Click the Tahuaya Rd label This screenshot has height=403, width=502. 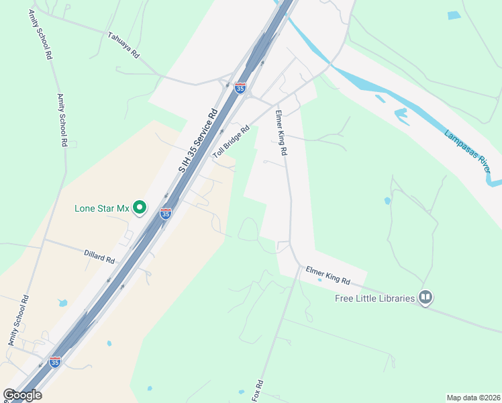click(x=123, y=44)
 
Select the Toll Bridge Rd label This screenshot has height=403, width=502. click(x=232, y=141)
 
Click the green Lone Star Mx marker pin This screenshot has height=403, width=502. click(x=140, y=208)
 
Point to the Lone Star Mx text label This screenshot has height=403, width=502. click(x=101, y=208)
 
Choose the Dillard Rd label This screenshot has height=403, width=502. click(x=99, y=256)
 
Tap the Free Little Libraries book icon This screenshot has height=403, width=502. click(x=425, y=298)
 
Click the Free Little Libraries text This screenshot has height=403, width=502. click(x=375, y=298)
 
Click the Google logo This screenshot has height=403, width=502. click(x=22, y=395)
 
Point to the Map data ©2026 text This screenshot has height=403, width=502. click(x=472, y=398)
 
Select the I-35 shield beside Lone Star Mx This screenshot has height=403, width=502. click(x=166, y=214)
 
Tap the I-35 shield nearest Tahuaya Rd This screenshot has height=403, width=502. click(x=240, y=87)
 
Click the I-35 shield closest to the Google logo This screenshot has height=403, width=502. click(x=55, y=362)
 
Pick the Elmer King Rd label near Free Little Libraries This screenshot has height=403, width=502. click(x=328, y=275)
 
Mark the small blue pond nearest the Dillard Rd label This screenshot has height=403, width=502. click(x=62, y=303)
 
